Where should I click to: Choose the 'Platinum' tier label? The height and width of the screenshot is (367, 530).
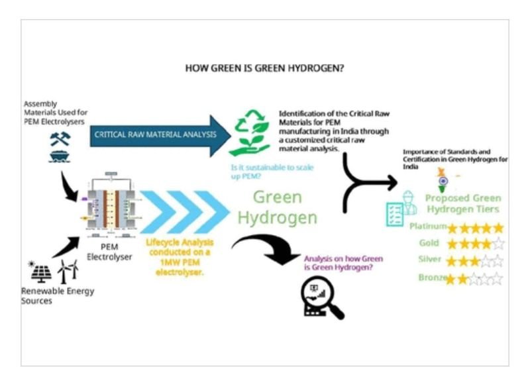[x=427, y=227]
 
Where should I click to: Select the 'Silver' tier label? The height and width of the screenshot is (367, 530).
[x=429, y=259]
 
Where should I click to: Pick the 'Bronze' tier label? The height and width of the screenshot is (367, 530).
[x=431, y=278]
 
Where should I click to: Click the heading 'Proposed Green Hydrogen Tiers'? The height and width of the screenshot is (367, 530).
[x=463, y=203]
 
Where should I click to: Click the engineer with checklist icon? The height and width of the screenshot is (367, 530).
[x=401, y=207]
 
